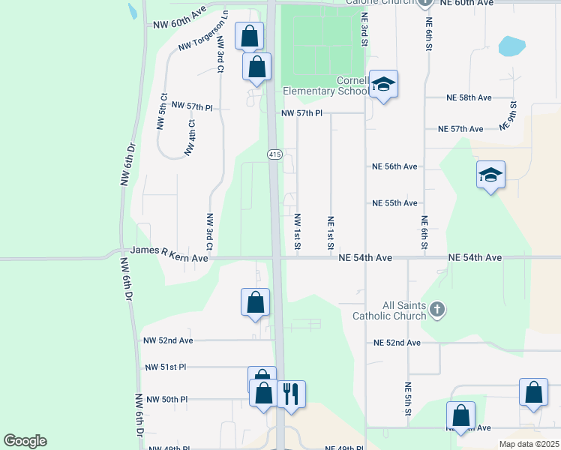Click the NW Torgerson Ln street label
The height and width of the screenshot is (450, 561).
[x=203, y=35]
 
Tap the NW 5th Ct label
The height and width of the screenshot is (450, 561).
[x=162, y=112]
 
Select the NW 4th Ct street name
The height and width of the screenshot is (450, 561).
[x=190, y=138]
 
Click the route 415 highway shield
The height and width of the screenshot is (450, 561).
[x=274, y=154]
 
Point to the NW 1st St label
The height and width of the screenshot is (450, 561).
[x=298, y=232]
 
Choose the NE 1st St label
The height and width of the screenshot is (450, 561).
[x=330, y=232]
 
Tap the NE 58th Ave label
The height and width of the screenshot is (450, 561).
[x=469, y=97]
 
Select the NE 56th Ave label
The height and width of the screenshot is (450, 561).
[x=394, y=166]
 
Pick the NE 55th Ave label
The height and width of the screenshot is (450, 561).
[x=394, y=203]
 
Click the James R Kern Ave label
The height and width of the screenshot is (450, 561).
[x=169, y=258]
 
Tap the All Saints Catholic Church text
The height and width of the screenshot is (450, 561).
[x=393, y=310]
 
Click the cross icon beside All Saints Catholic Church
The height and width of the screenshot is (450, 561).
[x=439, y=309]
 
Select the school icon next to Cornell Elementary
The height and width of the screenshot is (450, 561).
[x=382, y=85]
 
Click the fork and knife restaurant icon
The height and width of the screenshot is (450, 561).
[x=291, y=392]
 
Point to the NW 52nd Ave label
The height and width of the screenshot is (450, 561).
[x=168, y=340]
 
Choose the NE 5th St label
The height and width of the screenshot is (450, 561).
[x=407, y=398]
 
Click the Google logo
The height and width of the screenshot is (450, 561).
[x=25, y=441]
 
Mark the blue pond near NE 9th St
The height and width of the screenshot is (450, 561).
[x=511, y=46]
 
